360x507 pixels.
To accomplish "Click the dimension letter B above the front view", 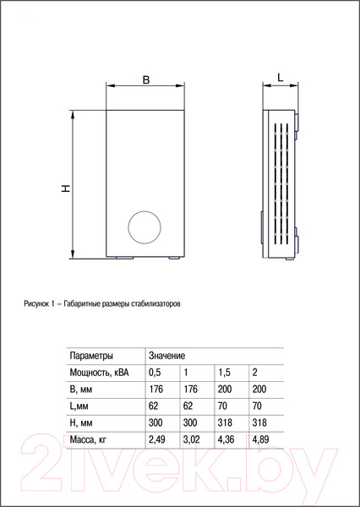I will [x=145, y=80].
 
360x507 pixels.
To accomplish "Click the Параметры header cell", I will [x=91, y=357].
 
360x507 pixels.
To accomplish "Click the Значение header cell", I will [x=167, y=357].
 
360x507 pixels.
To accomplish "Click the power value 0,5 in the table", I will [x=155, y=373].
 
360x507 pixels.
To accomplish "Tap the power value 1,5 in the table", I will [x=224, y=373].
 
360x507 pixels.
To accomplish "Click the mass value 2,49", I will [x=157, y=439].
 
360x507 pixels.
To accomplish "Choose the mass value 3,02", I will [x=192, y=439].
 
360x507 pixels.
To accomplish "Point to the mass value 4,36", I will [x=226, y=439].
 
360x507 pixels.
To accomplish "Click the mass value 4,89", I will [x=260, y=439].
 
